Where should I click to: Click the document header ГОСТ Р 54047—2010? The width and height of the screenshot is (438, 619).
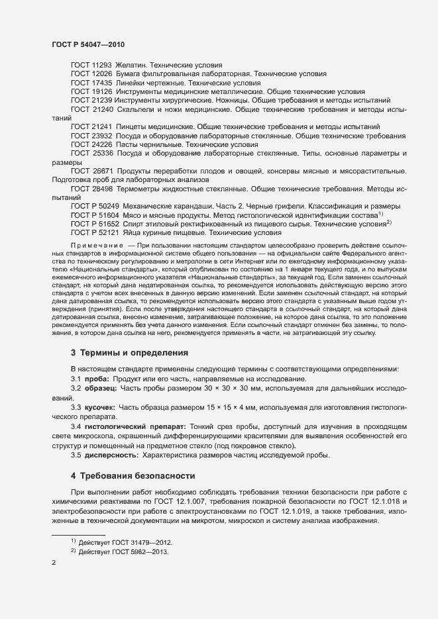point(87,44)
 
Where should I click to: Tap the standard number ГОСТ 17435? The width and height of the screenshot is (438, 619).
point(91,83)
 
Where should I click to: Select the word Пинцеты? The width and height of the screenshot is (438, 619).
point(133,126)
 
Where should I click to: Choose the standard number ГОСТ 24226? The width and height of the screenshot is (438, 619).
point(91,144)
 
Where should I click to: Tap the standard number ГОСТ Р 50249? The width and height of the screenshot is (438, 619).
point(95,206)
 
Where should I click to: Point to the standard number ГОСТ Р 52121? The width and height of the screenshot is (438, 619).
point(95,232)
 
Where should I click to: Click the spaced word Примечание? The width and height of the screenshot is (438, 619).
point(97,246)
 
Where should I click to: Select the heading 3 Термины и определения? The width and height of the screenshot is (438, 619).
point(129,354)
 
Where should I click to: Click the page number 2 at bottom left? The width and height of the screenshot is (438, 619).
point(54,563)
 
